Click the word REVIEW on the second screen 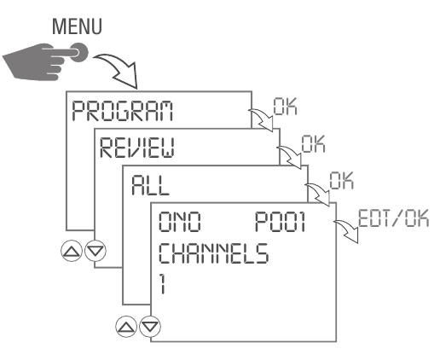click(142, 148)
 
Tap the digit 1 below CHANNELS click(162, 282)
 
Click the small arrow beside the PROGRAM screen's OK click(257, 120)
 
